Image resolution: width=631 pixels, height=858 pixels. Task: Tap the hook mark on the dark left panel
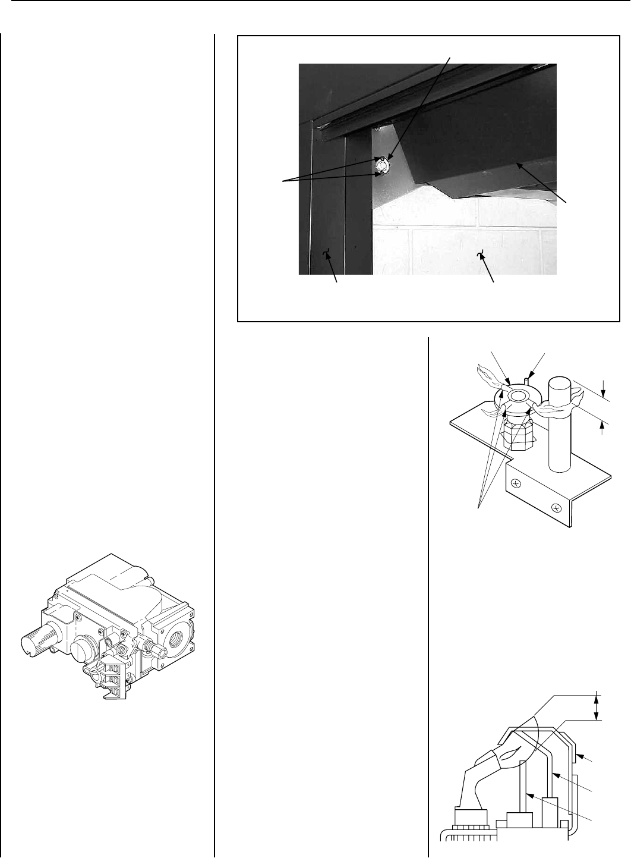click(326, 256)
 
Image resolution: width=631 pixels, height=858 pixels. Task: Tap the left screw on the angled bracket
click(516, 484)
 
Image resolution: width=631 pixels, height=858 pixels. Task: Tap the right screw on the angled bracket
click(556, 508)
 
